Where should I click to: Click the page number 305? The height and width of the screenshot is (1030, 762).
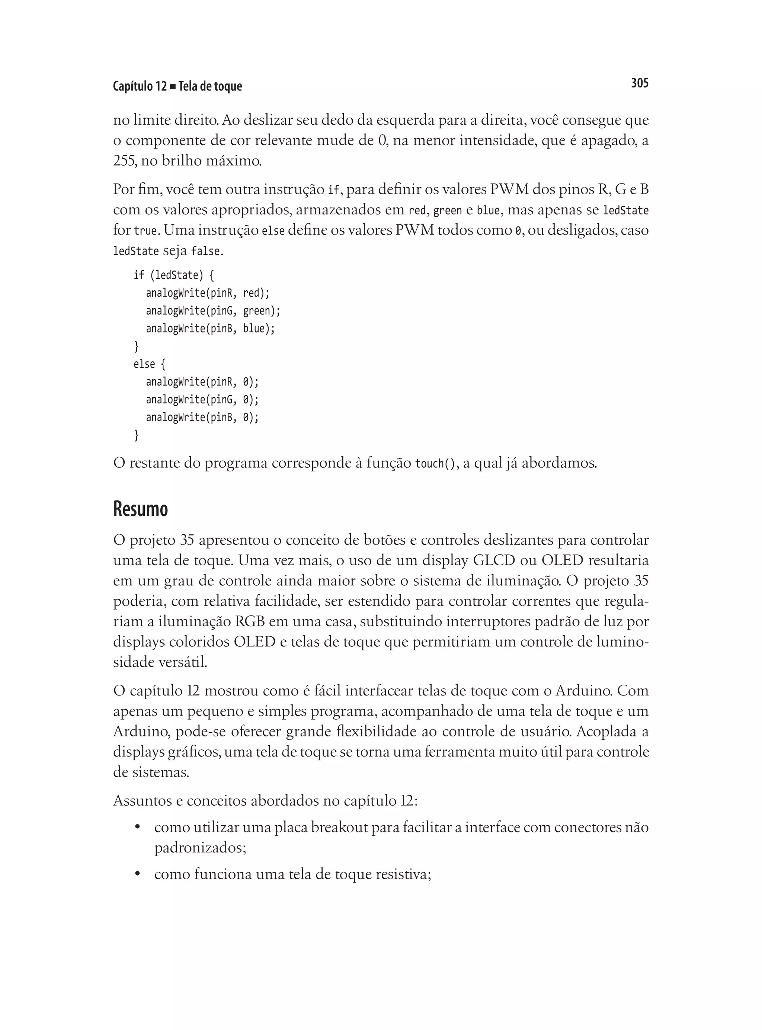point(639,83)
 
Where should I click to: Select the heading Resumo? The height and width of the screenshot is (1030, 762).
point(140,509)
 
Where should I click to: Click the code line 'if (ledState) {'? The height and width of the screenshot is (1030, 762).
point(173,275)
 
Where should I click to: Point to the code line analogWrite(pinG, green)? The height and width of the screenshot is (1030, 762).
point(213,311)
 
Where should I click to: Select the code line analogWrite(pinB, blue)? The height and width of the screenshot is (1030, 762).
point(210,329)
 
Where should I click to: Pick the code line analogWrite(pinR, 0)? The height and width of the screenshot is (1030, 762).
point(202,382)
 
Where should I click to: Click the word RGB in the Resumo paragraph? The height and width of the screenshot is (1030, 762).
point(250,621)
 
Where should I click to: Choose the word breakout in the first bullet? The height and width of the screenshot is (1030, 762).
point(339,828)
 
